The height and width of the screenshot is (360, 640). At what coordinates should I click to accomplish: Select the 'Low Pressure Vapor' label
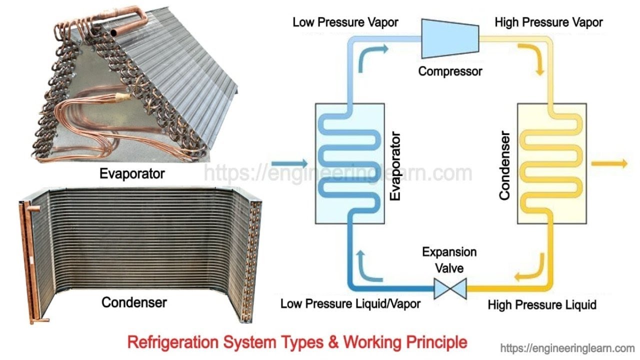click(345, 22)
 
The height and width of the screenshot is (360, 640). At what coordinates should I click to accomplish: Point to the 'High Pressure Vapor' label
click(548, 22)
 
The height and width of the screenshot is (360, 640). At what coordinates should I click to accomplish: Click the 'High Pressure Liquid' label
click(542, 304)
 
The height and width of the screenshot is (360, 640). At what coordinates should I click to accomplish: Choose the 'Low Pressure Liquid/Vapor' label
click(350, 303)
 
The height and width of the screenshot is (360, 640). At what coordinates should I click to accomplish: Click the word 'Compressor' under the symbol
click(450, 71)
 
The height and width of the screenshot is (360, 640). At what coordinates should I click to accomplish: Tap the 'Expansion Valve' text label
click(449, 260)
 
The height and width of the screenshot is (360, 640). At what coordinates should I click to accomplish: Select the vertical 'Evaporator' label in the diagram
click(395, 166)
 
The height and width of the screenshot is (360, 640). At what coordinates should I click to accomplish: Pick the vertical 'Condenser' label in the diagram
click(504, 166)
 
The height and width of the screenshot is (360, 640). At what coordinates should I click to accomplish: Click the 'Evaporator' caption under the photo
click(132, 173)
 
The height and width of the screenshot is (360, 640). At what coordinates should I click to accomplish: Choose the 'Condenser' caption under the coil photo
click(134, 302)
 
